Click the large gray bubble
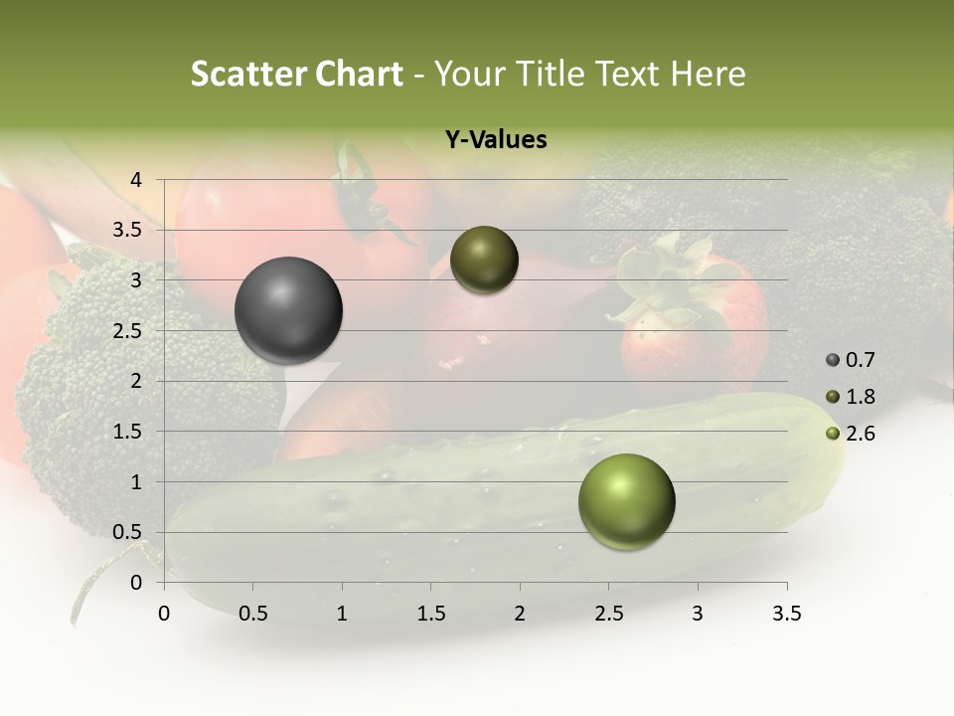[288, 310]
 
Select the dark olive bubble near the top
[484, 261]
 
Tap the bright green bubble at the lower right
[626, 501]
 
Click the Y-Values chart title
[496, 140]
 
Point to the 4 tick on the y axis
[136, 180]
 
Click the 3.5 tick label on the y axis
[128, 230]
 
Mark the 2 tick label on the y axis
[136, 381]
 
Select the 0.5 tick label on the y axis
[128, 532]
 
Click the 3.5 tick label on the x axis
[786, 614]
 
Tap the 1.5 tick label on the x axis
[430, 614]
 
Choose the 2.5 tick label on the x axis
[608, 614]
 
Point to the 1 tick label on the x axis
[342, 614]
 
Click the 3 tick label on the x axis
[698, 614]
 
